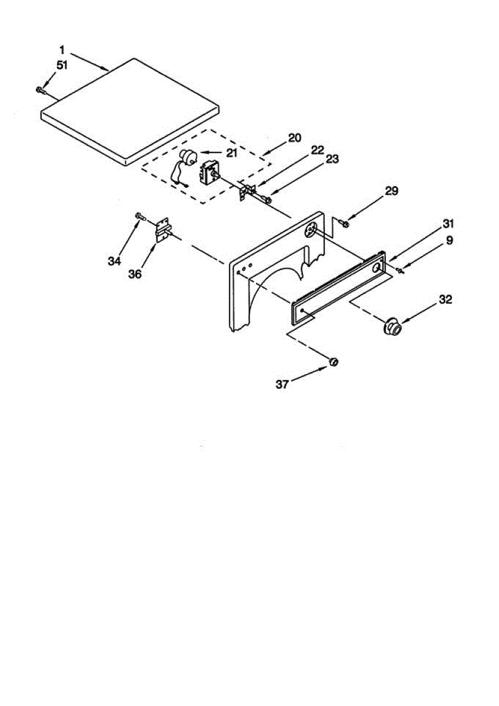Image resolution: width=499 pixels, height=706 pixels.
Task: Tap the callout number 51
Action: (x=62, y=65)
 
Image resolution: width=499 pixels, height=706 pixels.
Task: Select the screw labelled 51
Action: (x=40, y=89)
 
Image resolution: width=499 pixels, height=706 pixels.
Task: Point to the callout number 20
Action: (x=294, y=138)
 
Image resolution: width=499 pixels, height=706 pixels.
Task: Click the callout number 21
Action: (x=231, y=153)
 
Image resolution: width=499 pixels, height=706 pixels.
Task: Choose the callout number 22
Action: (x=318, y=150)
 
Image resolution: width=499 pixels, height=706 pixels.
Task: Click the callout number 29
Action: (x=392, y=191)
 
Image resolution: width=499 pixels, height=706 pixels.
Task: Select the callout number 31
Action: (x=450, y=224)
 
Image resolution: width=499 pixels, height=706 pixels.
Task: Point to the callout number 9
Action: (x=450, y=240)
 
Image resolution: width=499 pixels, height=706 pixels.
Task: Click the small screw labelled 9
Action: (x=401, y=270)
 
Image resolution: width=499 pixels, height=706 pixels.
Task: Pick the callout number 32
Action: (x=445, y=299)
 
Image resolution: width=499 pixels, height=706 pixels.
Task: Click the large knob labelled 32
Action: (x=393, y=327)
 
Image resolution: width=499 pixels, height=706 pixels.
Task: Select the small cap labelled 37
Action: (x=333, y=362)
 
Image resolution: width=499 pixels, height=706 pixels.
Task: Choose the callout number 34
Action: (x=114, y=261)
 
